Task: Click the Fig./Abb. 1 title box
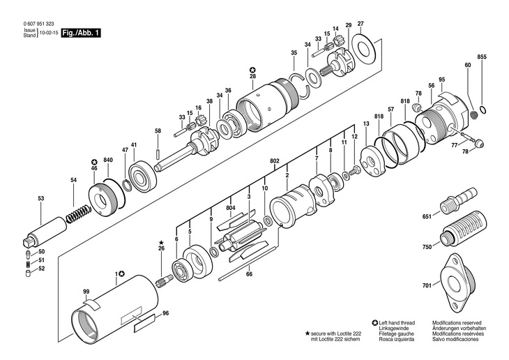point(81,33)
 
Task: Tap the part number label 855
point(482,57)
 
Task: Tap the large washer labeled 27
point(363,49)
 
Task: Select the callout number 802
point(274,161)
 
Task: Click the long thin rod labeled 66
point(248,263)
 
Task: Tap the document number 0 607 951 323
point(38,24)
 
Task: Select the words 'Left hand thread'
point(397,322)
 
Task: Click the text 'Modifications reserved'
point(457,322)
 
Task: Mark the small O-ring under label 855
point(483,110)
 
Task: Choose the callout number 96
point(165,313)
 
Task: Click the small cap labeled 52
point(29,273)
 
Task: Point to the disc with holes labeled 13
point(372,162)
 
